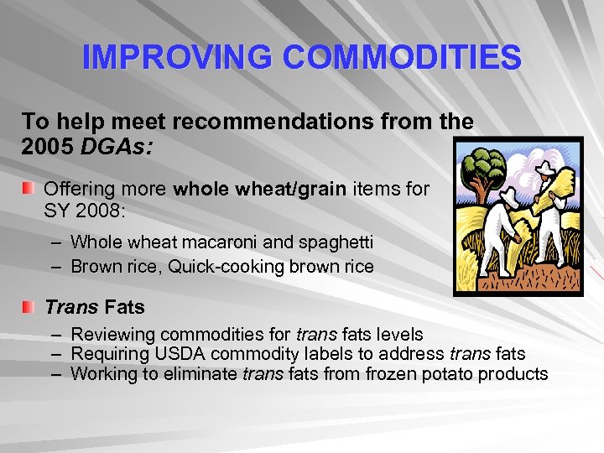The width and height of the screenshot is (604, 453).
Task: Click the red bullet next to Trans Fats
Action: click(30, 308)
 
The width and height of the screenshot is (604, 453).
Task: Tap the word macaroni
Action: click(227, 242)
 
